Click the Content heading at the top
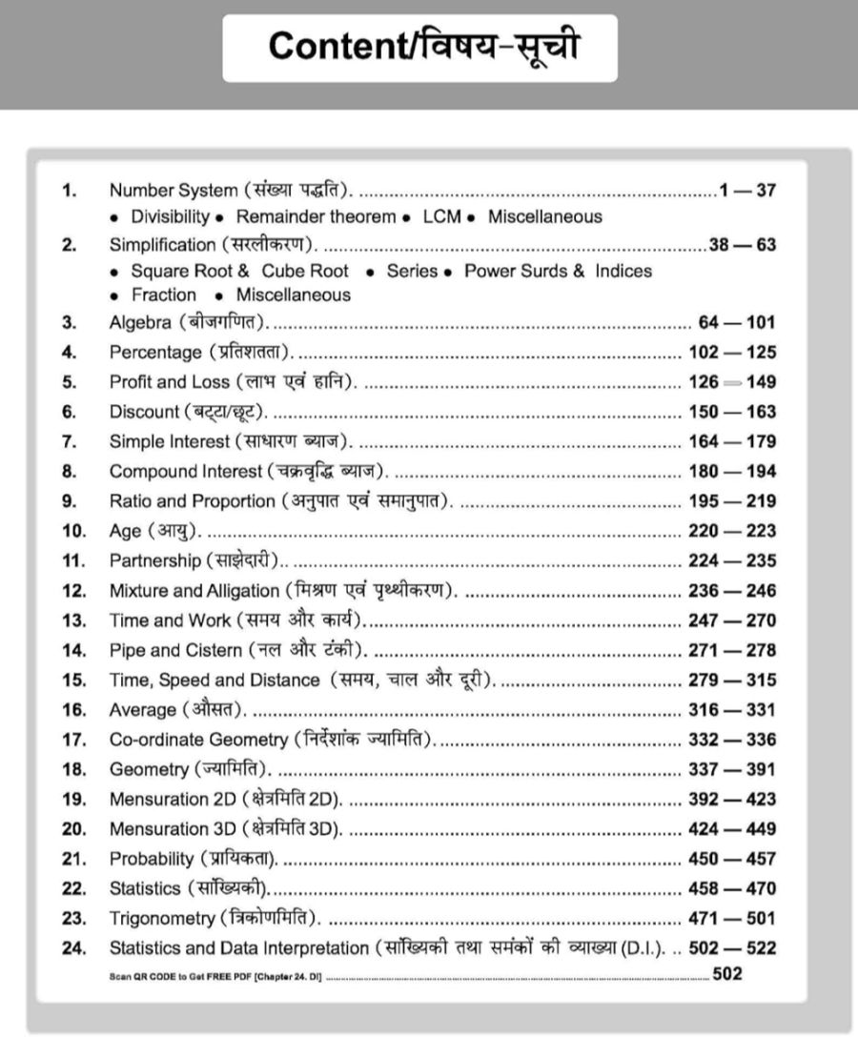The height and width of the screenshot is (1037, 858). (420, 47)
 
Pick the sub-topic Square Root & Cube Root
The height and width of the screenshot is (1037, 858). (239, 271)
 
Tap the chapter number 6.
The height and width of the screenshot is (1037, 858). (68, 412)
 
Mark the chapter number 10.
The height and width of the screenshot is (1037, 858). (72, 531)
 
